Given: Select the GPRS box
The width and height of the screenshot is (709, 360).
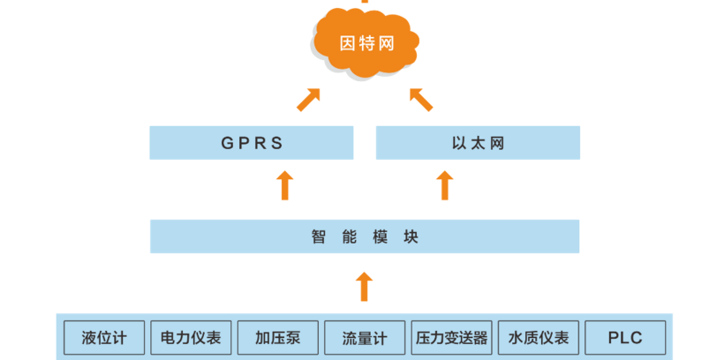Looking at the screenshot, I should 252,143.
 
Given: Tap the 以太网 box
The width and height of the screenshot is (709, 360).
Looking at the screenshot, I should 478,143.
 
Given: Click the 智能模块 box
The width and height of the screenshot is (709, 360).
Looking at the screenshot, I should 365,236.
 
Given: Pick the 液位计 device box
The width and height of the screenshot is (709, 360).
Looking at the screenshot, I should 104,337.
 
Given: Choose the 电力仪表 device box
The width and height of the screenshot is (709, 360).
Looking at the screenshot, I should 191,337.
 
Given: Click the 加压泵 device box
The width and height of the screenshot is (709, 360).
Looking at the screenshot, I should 277,337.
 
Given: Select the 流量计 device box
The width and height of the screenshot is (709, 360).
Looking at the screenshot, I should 364,337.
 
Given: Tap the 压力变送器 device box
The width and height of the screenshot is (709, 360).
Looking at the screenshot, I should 450,337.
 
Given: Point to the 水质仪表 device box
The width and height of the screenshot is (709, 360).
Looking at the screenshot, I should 538,337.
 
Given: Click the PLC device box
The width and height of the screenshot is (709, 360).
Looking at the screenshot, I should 624,337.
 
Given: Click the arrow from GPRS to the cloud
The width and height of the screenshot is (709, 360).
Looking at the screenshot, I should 308,99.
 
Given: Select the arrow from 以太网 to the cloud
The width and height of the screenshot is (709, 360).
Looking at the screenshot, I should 421,99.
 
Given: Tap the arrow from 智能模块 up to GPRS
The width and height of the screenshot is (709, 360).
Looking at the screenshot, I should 284,186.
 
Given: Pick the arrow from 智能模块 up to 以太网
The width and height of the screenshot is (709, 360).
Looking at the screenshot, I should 445,186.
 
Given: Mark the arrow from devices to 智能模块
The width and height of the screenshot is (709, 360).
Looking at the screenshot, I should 364,287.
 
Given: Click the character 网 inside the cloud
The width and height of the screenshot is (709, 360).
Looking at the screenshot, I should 388,43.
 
